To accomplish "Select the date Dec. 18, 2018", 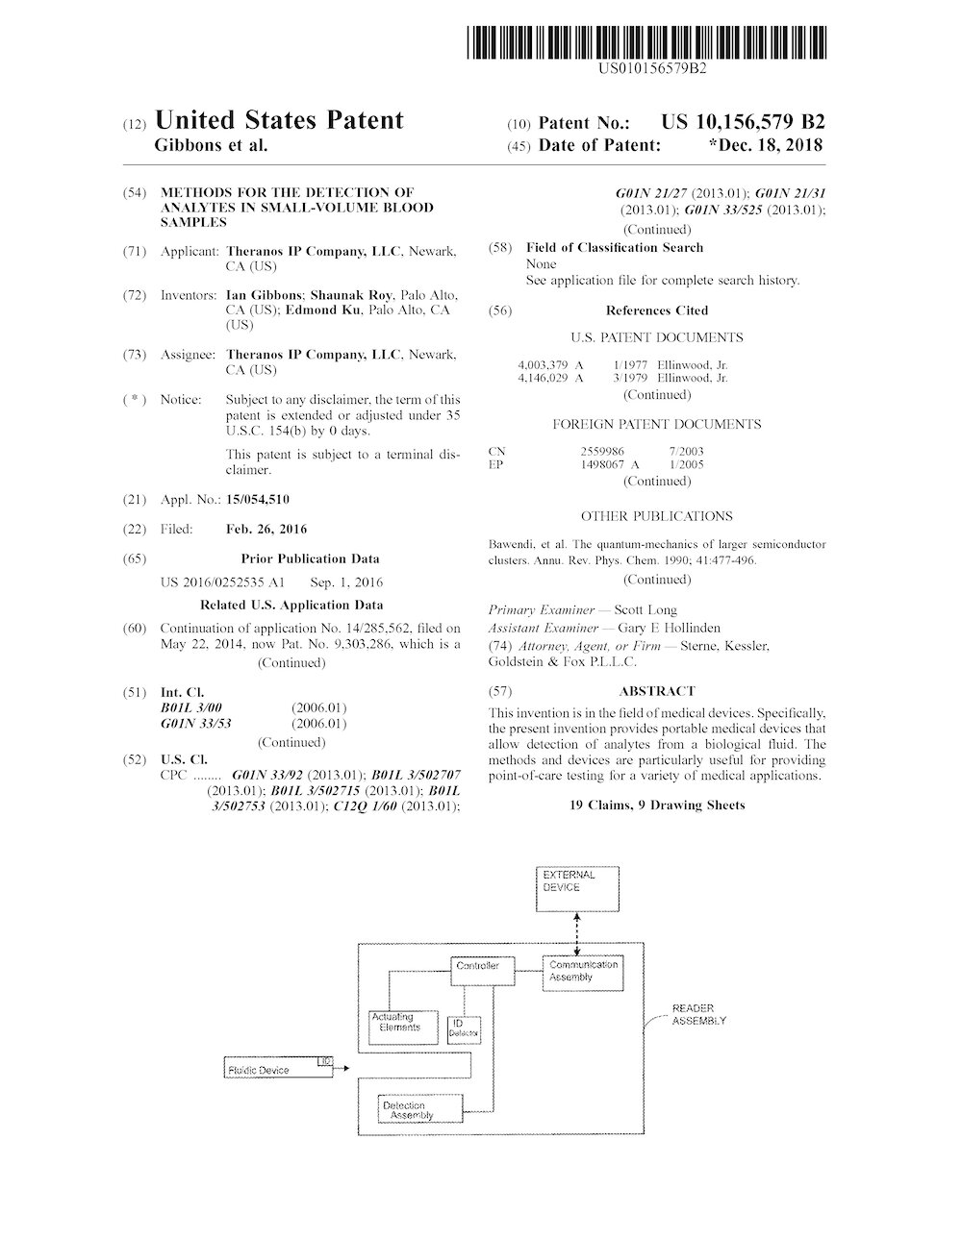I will coord(770,145).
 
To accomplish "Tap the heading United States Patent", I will coord(279,120).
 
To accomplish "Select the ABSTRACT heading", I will coord(657,691).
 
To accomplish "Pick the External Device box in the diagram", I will coord(575,888).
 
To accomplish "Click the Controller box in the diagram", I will coord(478,969).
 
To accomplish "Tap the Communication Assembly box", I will coord(583,972).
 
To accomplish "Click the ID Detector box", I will coord(463,1028).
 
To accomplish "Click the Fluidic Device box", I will coord(277,1067).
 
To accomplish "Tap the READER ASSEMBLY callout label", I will coord(698,1014).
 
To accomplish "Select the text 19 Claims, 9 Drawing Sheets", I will coord(657,805).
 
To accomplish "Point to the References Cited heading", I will coord(657,310).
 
